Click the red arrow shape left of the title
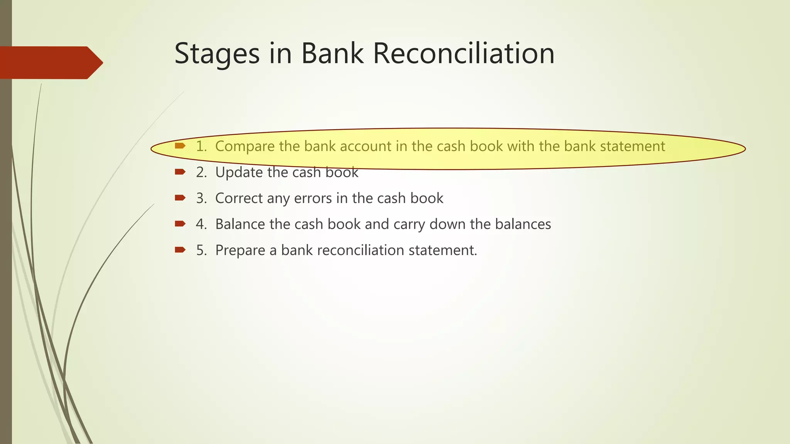point(50,62)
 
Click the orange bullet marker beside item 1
point(180,146)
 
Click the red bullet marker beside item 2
point(180,172)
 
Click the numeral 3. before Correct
point(201,198)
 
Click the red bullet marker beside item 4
point(180,224)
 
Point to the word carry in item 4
point(409,224)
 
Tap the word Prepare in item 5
point(240,251)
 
